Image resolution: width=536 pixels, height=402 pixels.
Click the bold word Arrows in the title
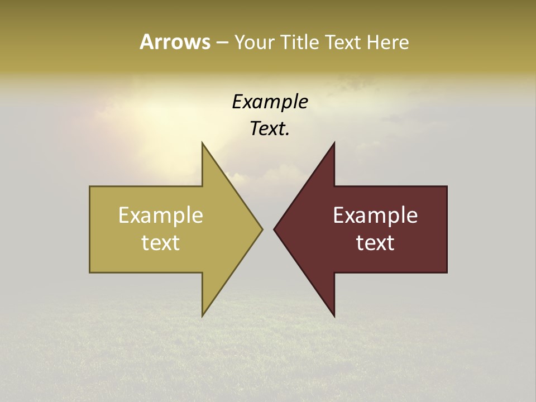tap(175, 42)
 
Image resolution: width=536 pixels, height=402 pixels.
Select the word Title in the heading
tap(299, 42)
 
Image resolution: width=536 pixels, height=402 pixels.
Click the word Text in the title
tap(344, 42)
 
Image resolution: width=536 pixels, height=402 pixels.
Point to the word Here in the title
tap(387, 42)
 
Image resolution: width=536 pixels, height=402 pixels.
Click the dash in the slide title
tap(222, 43)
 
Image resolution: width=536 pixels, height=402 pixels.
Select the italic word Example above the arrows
tap(270, 102)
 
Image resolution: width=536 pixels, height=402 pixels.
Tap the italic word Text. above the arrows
tap(269, 128)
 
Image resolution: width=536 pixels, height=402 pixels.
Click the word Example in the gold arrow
tap(160, 216)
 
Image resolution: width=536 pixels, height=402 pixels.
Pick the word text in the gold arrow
tap(160, 243)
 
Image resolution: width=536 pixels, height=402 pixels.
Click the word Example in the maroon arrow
tap(375, 216)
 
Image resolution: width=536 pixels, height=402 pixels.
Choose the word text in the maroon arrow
tap(375, 243)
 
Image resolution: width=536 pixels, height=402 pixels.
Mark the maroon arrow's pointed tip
tap(275, 229)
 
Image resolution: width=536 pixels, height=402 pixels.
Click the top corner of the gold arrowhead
tap(203, 144)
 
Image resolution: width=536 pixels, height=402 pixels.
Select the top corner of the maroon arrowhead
tap(334, 144)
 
